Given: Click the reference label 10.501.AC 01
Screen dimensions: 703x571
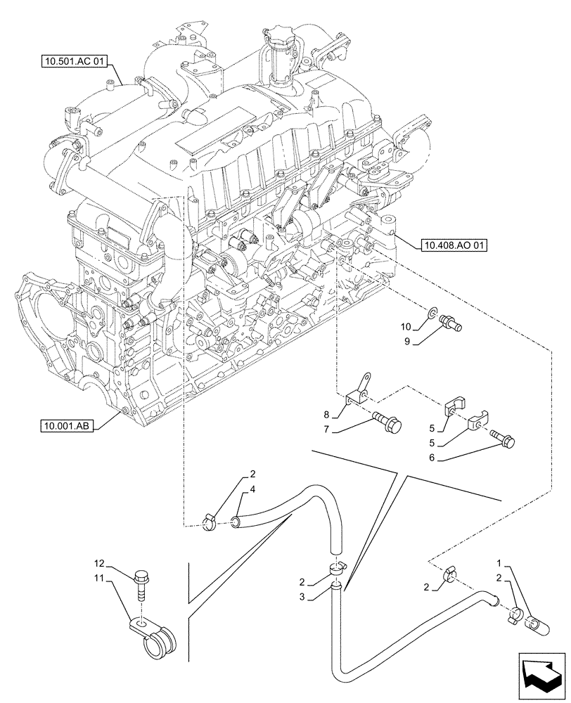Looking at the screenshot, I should pyautogui.click(x=72, y=61).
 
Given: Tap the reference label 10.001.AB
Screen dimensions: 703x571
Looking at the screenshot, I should pyautogui.click(x=69, y=425).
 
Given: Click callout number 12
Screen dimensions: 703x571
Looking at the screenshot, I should pyautogui.click(x=101, y=564).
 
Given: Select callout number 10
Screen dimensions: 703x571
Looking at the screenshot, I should pyautogui.click(x=406, y=327).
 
